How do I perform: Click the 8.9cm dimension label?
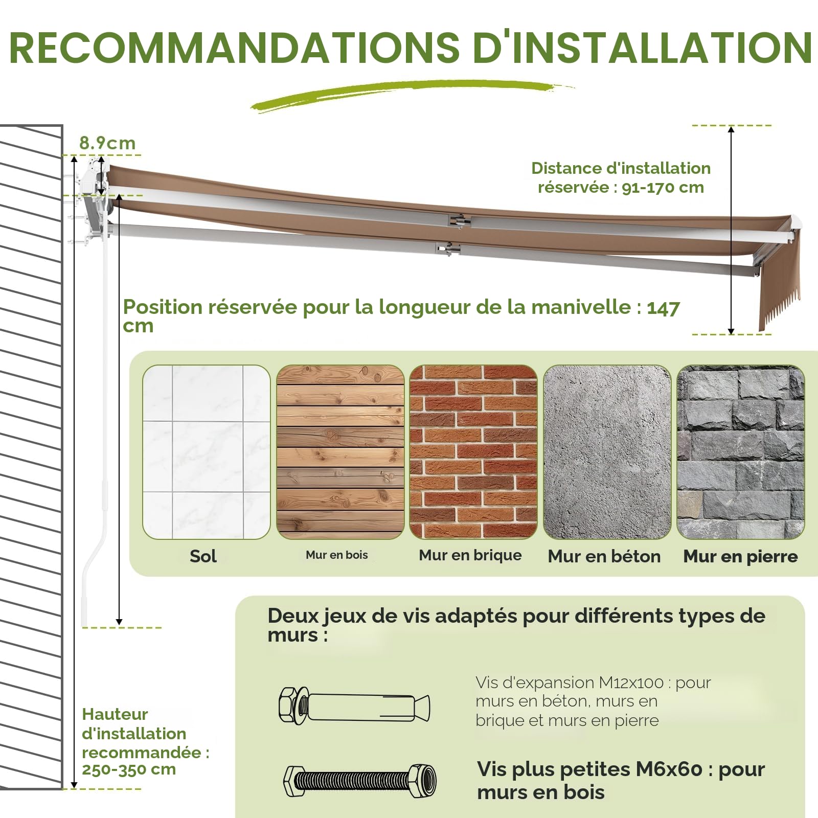click(x=107, y=143)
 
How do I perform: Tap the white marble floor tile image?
click(x=207, y=452)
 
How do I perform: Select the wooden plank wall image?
click(x=340, y=452)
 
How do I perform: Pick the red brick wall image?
click(x=473, y=452)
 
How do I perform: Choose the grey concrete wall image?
click(x=607, y=452)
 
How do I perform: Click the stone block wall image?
click(x=741, y=452)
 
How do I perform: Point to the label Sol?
click(x=203, y=556)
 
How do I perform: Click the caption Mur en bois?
click(x=337, y=555)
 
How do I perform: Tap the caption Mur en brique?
click(x=470, y=555)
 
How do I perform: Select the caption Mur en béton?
click(x=604, y=556)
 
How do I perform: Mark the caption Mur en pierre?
click(x=741, y=556)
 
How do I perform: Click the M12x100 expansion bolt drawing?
click(x=354, y=706)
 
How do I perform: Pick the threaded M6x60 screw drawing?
click(x=360, y=781)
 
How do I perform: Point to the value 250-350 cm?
click(x=129, y=769)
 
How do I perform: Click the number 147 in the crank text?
click(x=664, y=308)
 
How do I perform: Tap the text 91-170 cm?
click(x=663, y=188)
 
